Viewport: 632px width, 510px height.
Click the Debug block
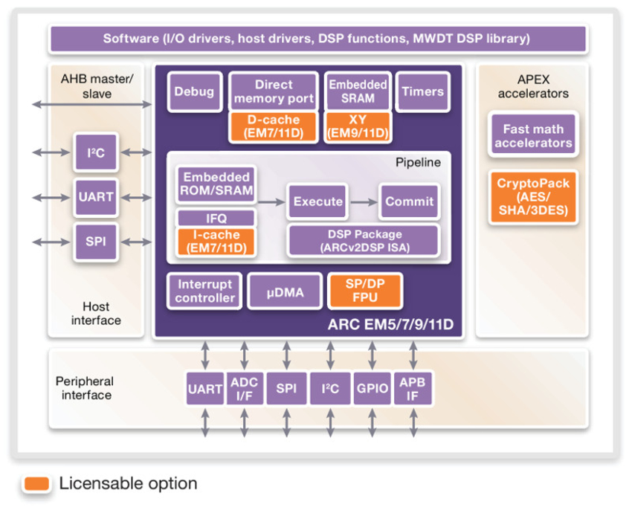click(x=194, y=92)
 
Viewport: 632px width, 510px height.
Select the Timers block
click(x=422, y=92)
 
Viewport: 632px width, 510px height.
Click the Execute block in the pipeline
click(x=318, y=201)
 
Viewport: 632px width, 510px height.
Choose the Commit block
click(x=409, y=201)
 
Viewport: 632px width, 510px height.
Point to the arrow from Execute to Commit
click(x=364, y=201)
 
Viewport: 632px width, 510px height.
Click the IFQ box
click(x=216, y=219)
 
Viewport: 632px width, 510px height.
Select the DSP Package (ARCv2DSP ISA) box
click(x=363, y=241)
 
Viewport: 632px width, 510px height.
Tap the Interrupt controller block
click(x=204, y=291)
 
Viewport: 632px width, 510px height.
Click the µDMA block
click(x=286, y=292)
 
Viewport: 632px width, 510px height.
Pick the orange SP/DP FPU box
click(x=364, y=291)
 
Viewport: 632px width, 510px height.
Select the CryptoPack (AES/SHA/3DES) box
click(x=532, y=196)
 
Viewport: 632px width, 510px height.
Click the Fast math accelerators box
click(x=533, y=136)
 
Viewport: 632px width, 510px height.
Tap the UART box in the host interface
click(x=96, y=197)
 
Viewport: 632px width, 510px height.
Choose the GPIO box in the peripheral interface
click(x=371, y=389)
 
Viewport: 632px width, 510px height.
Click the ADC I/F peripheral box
click(x=245, y=389)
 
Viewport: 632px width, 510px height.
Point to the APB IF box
click(x=412, y=389)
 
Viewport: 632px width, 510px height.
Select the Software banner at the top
click(x=317, y=39)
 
